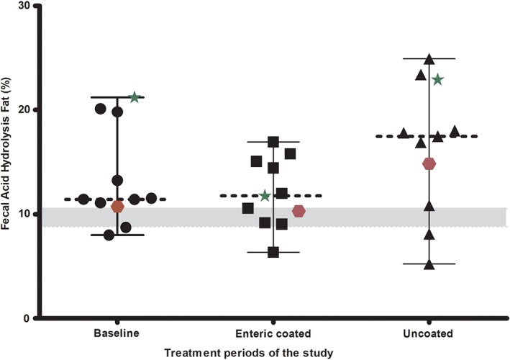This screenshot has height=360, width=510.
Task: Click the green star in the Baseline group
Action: pos(134,97)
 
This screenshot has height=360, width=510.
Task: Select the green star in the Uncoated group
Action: pos(437,79)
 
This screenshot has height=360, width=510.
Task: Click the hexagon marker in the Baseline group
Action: pos(117,207)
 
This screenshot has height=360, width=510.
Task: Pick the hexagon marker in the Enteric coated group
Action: pos(299,211)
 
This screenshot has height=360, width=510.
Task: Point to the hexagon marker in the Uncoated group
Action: pos(429,163)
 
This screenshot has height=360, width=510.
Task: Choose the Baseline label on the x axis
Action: pos(117,335)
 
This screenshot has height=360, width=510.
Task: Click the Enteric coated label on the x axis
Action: pos(273,335)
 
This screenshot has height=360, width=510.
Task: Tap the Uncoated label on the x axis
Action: pos(429,335)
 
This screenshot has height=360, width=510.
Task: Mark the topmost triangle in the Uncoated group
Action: pos(429,59)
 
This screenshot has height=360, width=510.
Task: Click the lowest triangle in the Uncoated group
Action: pos(429,264)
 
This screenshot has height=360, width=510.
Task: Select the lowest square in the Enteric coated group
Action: pos(273,252)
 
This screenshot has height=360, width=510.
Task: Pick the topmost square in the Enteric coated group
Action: pos(273,142)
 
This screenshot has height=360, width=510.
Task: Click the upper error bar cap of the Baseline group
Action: pos(117,97)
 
